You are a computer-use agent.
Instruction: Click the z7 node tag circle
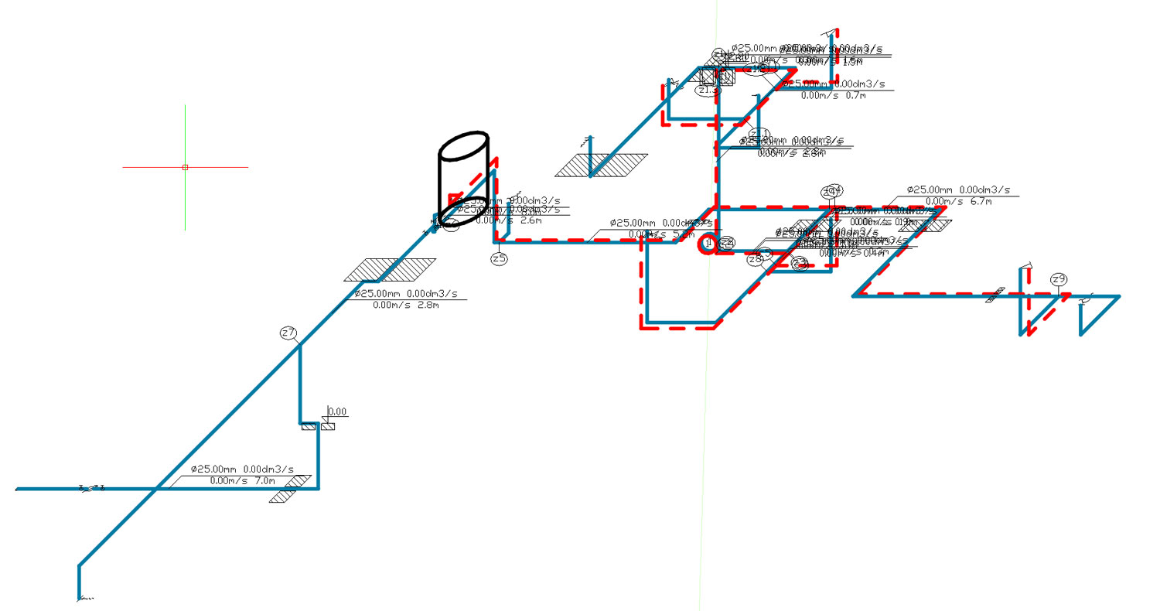coord(288,333)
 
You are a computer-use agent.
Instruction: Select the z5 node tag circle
coord(499,258)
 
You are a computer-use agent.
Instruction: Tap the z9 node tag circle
coord(1059,279)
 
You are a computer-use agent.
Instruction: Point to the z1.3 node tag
coord(708,90)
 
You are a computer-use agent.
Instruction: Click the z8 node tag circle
coord(755,260)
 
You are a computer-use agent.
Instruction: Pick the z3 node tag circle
coord(800,264)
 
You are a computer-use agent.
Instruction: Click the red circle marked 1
coord(707,244)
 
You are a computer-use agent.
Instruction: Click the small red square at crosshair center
coord(185,167)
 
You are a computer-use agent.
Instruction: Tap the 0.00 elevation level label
coord(337,411)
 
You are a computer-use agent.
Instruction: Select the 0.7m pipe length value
coord(855,96)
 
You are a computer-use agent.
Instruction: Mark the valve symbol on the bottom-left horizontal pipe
coord(91,488)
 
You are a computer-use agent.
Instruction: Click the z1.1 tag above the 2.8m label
coord(759,134)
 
